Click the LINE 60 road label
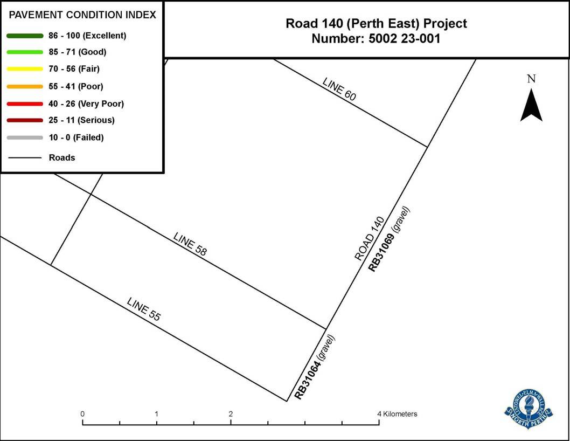coord(339,88)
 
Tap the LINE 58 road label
coord(190,243)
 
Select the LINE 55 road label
coord(143,309)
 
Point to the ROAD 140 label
coord(369,239)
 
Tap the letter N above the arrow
coord(531,79)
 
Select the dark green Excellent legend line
coord(25,36)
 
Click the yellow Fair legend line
coord(25,69)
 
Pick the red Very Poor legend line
coord(25,104)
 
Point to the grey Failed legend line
coord(25,137)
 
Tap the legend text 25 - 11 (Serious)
coord(81,120)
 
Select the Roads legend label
coord(62,157)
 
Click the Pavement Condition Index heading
coord(82,15)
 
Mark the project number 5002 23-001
coord(376,39)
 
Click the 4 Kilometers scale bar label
coord(398,414)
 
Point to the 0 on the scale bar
coord(82,414)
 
